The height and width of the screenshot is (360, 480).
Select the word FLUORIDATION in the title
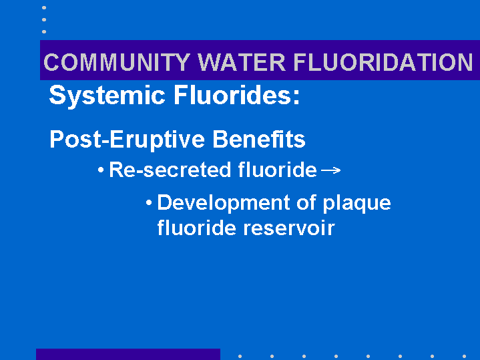point(383,62)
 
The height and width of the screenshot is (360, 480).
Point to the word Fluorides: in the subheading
point(236,95)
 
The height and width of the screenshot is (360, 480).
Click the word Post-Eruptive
point(127,140)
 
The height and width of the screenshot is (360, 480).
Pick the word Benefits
point(259,139)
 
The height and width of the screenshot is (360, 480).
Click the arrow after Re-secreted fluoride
point(331,170)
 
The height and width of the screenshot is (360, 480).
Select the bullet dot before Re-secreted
point(101,170)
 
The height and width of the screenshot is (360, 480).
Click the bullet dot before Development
point(149,202)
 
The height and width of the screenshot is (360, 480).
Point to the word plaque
point(357,204)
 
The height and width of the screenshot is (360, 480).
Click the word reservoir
point(289,228)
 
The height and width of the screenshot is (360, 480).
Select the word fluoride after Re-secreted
point(277,170)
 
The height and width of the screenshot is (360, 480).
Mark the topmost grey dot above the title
point(44,7)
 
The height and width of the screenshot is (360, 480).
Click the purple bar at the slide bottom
point(128,354)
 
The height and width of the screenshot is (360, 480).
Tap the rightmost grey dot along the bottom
point(465,356)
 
